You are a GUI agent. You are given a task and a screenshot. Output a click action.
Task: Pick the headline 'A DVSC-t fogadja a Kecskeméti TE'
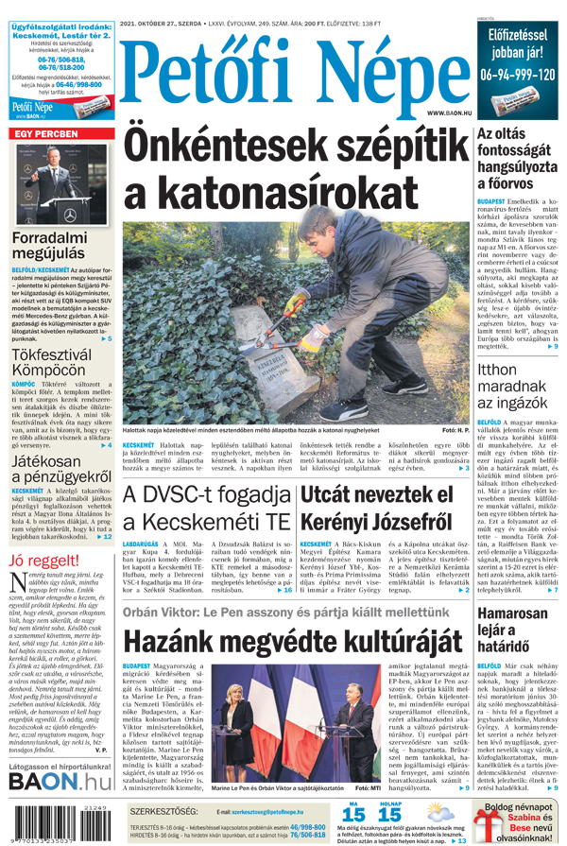pos(208,509)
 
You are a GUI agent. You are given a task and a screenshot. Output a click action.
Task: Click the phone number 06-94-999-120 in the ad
pos(517,74)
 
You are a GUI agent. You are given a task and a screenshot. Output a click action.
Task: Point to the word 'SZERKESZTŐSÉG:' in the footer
pos(164,810)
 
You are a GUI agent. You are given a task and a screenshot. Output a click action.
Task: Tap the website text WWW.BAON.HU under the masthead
pos(446,112)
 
